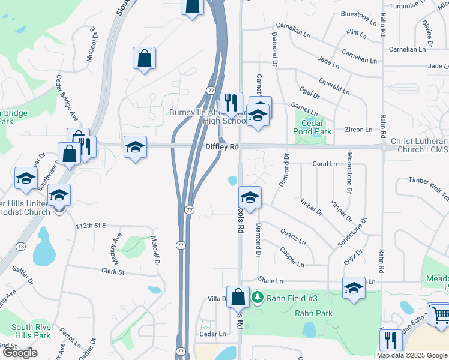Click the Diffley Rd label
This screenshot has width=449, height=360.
coord(222,147)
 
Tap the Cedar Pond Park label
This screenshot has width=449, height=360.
coord(316,127)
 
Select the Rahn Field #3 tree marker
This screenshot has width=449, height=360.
coord(258,298)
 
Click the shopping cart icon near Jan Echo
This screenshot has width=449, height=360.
coord(440,314)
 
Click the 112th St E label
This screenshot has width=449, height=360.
coord(91,225)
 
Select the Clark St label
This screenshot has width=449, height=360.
coord(112,271)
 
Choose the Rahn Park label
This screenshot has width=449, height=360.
coord(313,313)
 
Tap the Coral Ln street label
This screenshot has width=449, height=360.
coord(324,164)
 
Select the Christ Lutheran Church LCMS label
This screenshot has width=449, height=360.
coord(420,145)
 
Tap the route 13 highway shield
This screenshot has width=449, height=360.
coord(20,246)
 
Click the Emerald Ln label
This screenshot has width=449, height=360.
coord(333,84)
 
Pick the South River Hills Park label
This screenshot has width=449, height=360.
coord(32,331)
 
